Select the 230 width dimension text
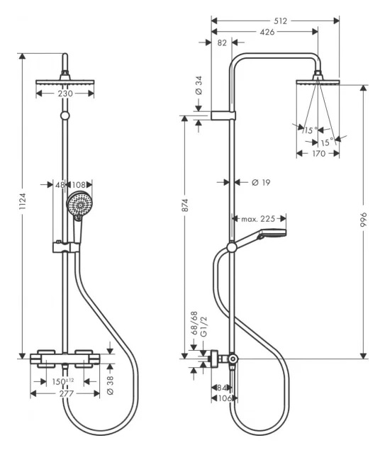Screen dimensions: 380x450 tap(65, 94)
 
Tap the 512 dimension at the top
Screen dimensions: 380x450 tap(280, 21)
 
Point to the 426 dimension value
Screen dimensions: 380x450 tap(267, 32)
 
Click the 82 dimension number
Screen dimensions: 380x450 tap(222, 43)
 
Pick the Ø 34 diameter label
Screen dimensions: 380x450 tap(199, 85)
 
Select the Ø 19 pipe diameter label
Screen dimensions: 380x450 tap(261, 182)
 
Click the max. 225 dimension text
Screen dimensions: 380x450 tap(258, 219)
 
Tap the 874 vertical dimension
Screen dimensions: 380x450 tap(185, 206)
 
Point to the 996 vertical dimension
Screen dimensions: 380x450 tap(364, 220)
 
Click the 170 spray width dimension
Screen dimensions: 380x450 tap(318, 154)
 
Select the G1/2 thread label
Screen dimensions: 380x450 tap(203, 326)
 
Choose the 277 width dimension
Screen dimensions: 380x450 tap(67, 393)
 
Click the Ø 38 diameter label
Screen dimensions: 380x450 tap(110, 385)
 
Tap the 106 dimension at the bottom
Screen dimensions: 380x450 tap(225, 398)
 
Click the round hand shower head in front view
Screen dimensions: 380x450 tap(79, 204)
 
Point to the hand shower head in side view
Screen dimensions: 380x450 tap(272, 234)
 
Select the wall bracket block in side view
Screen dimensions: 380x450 tap(223, 116)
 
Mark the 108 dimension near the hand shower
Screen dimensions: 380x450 tap(79, 184)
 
